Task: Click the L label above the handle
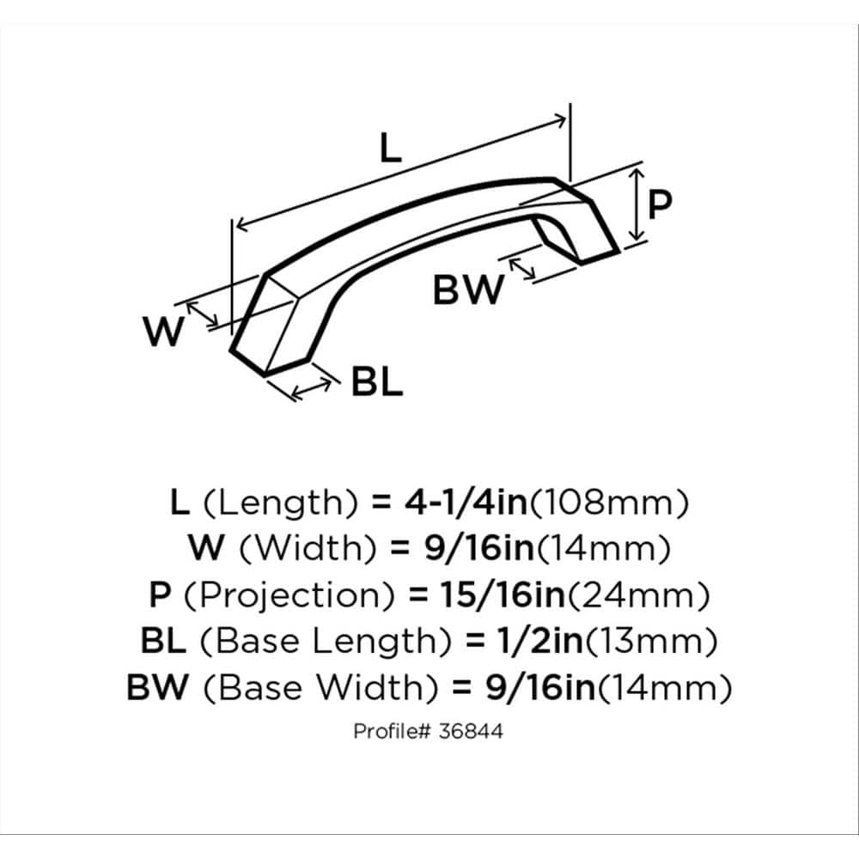click(391, 149)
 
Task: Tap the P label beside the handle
click(660, 204)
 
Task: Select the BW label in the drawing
click(468, 289)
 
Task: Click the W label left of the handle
click(163, 331)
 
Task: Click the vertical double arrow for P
click(637, 204)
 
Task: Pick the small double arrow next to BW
click(522, 268)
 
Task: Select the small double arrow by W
click(202, 314)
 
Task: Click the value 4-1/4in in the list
click(466, 502)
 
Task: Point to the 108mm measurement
click(609, 502)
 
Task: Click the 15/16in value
click(502, 595)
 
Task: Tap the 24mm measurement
click(638, 595)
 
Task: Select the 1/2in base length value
click(539, 641)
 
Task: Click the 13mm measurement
click(651, 641)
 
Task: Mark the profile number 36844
click(471, 731)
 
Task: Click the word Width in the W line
click(308, 548)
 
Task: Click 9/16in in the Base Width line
click(540, 687)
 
